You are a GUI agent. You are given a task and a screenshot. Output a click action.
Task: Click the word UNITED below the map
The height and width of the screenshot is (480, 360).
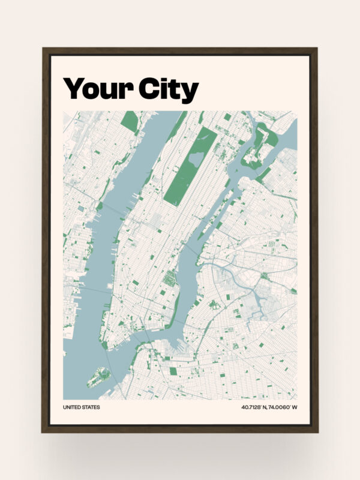(72, 408)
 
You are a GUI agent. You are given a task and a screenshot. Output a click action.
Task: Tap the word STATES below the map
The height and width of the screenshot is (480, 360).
(91, 408)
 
